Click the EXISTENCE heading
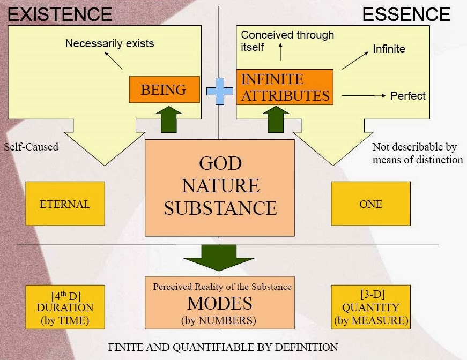60,14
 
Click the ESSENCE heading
406,14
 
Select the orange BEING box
164,90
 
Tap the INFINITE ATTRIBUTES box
285,87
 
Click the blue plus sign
220,91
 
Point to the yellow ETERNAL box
65,204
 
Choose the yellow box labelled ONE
370,204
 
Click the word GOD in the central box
220,163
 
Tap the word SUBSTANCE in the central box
220,208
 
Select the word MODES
219,303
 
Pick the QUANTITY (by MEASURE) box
370,307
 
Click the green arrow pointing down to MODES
220,258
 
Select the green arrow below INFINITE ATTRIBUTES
275,118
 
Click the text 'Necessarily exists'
109,43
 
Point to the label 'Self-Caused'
31,146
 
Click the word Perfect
407,96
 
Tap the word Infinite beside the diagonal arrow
389,49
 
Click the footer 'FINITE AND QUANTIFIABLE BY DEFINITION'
223,347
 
